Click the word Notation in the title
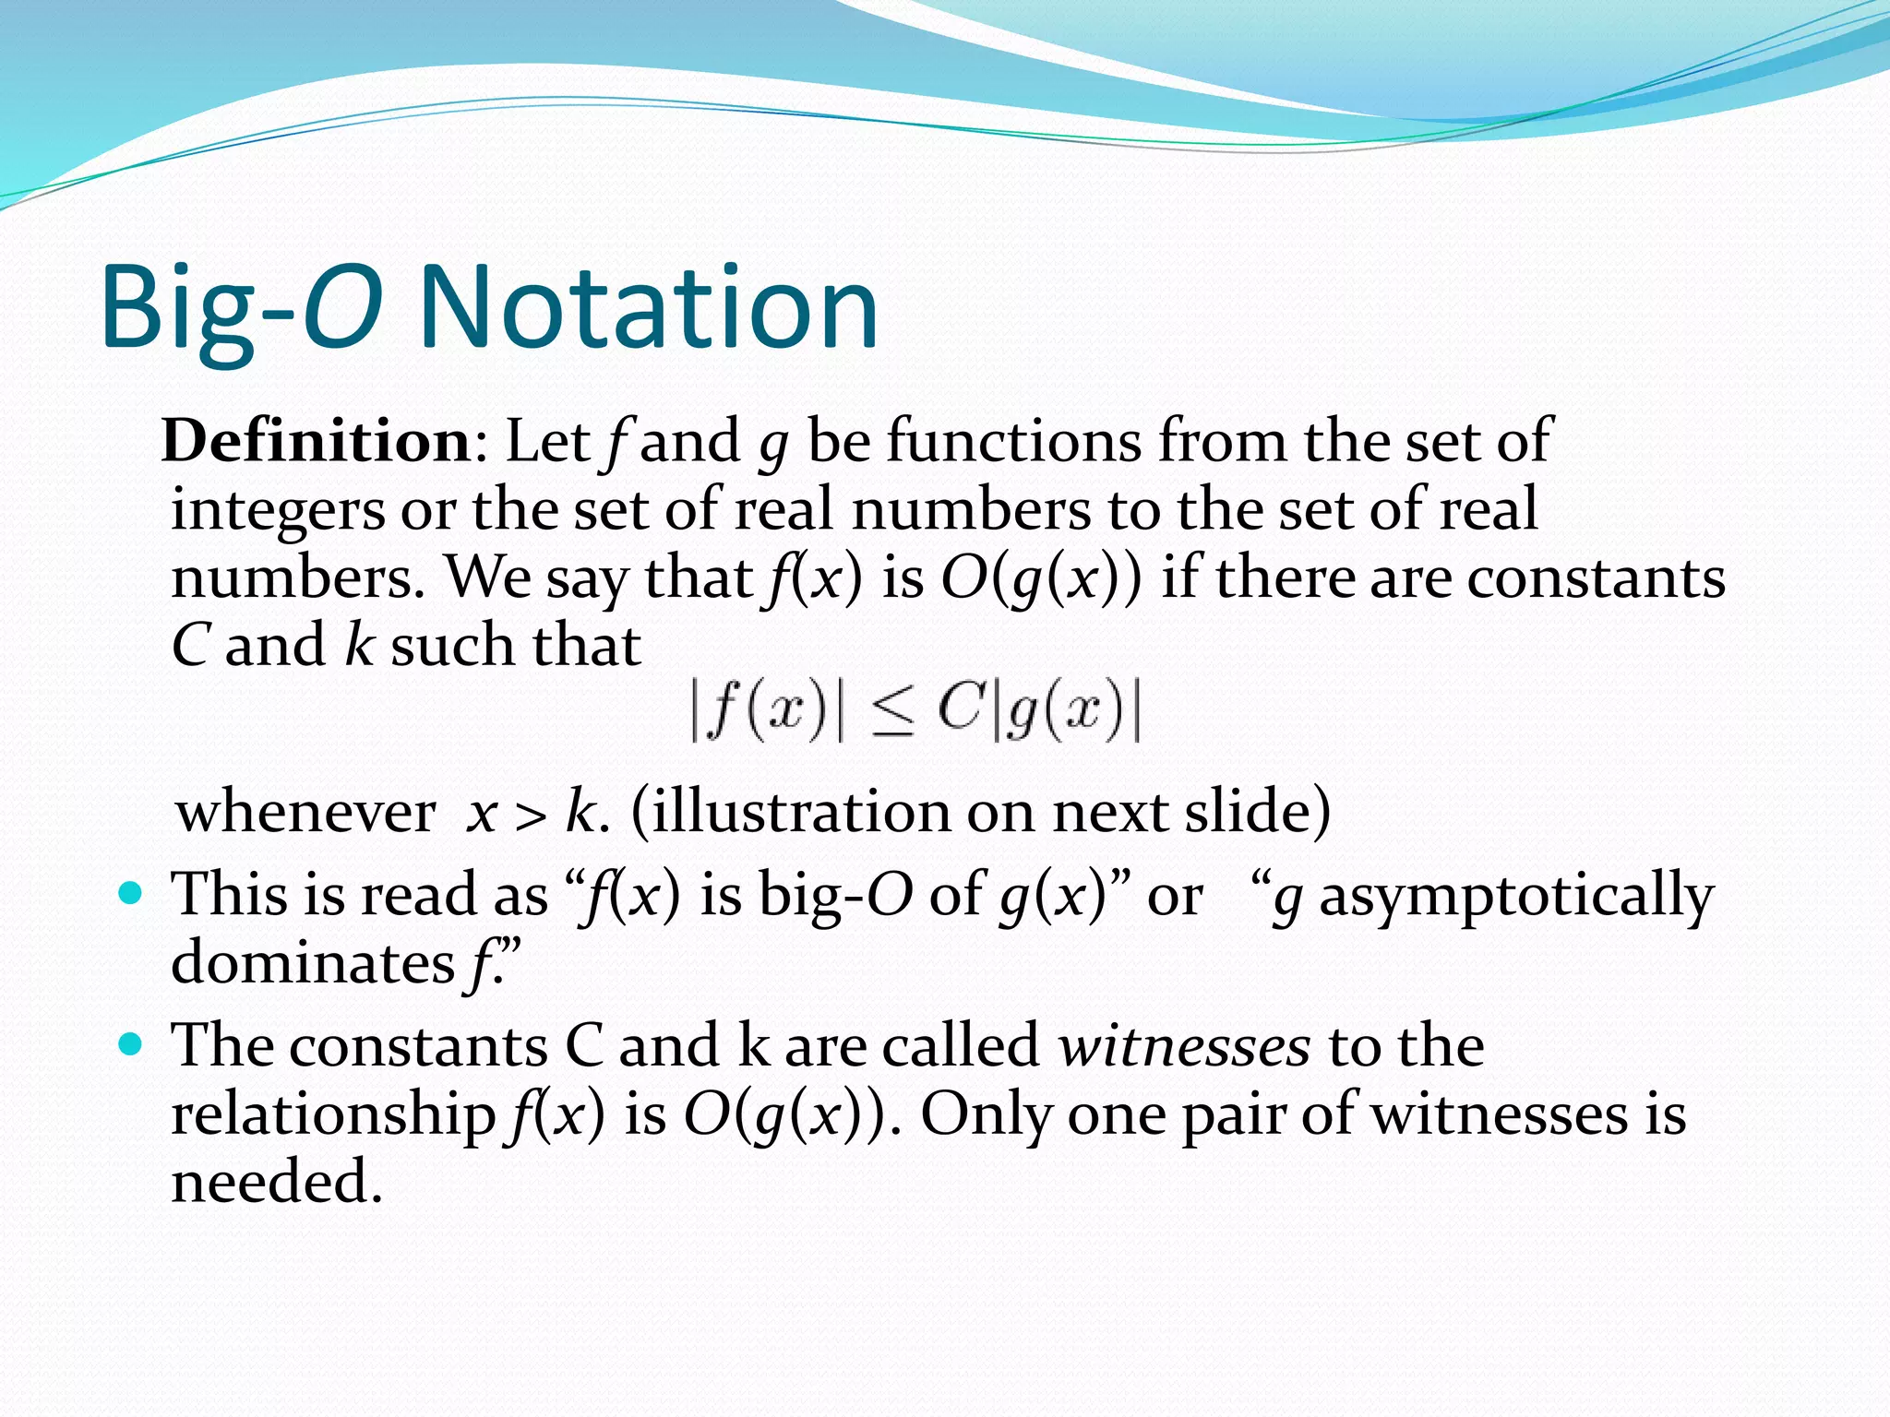[x=648, y=308]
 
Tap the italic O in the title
[x=342, y=308]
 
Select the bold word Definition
[x=317, y=441]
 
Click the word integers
[x=277, y=510]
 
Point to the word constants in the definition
[x=1596, y=578]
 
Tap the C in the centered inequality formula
[x=961, y=708]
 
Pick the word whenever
[x=305, y=813]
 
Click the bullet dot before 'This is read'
[x=132, y=893]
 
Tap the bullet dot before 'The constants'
[x=132, y=1044]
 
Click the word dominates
[x=313, y=963]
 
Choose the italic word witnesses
[x=1183, y=1046]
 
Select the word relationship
[x=333, y=1114]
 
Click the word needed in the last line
[x=276, y=1182]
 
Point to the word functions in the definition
[x=1014, y=441]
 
